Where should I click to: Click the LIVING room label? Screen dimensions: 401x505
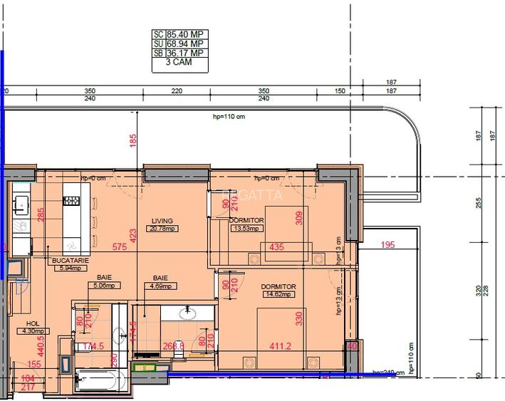pos(162,221)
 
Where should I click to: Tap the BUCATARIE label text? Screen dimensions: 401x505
pos(70,261)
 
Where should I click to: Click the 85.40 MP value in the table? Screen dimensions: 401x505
pos(187,33)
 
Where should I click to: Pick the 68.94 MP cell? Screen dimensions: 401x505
pos(187,43)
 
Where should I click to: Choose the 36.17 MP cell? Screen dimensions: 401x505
pos(187,53)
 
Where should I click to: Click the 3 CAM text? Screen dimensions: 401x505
pos(178,63)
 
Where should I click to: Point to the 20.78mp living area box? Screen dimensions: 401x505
pos(162,229)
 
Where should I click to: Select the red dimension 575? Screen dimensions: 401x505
pos(120,247)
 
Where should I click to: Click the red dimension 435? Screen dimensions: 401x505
pos(278,247)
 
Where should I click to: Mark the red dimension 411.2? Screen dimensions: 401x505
pos(278,347)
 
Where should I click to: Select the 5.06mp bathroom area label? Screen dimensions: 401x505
pos(104,286)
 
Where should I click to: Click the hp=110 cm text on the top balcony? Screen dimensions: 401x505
pos(229,117)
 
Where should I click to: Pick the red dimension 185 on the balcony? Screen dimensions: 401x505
pos(132,141)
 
